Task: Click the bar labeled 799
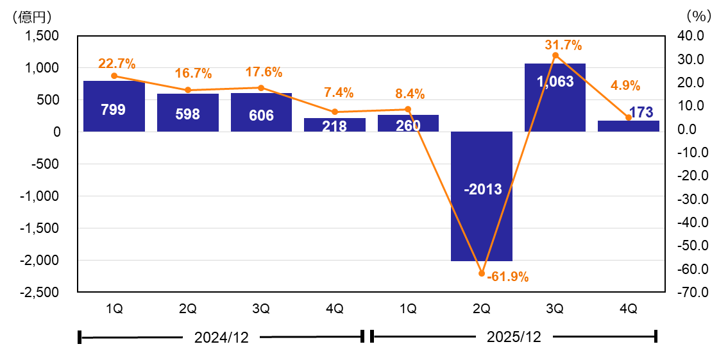(x=114, y=107)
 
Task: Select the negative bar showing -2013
(x=481, y=196)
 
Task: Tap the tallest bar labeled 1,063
(x=555, y=98)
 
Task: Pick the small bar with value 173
(x=628, y=126)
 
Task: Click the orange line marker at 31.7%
(x=555, y=55)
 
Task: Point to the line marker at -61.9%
(x=482, y=273)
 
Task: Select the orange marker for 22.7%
(x=114, y=76)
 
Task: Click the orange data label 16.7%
(x=194, y=74)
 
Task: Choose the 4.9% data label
(x=625, y=86)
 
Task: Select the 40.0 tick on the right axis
(x=691, y=36)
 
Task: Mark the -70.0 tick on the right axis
(x=690, y=293)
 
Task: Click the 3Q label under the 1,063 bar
(x=555, y=309)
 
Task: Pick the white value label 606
(x=261, y=116)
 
